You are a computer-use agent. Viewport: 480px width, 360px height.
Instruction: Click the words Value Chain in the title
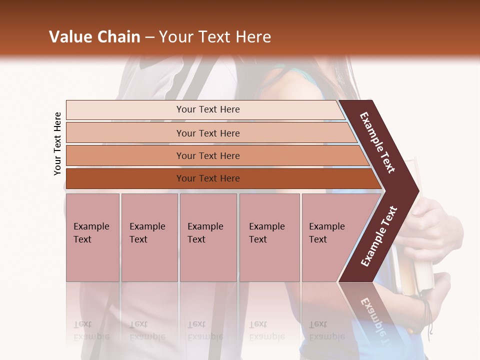coord(94,37)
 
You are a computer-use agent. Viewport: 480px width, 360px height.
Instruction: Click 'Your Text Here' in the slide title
coord(215,37)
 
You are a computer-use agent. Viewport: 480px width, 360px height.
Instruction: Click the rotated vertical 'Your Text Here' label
coord(57,143)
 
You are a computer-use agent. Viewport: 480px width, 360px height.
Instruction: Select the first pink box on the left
coord(92,237)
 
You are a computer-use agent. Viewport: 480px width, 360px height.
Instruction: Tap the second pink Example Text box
coord(149,237)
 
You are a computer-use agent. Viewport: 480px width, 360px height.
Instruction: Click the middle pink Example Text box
coord(208,237)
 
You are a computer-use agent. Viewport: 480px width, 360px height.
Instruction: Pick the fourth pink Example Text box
coord(269,237)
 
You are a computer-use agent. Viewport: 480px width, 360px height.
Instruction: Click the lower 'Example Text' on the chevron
coord(379,236)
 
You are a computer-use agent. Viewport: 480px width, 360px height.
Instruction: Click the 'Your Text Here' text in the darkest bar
coord(208,178)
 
